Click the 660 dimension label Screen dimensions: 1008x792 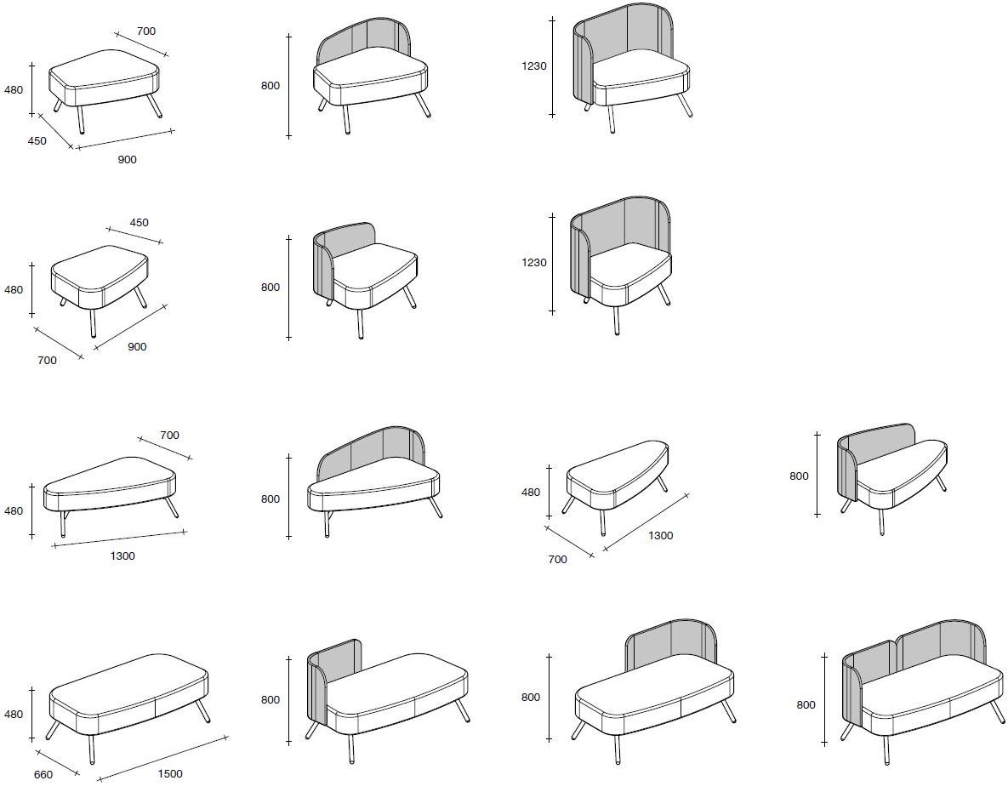click(43, 775)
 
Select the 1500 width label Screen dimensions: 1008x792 click(170, 774)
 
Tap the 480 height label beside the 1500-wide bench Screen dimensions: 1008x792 click(14, 715)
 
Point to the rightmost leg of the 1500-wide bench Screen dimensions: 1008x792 click(202, 711)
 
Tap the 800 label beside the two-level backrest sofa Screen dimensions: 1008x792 click(806, 705)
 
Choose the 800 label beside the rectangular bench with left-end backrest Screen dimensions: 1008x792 click(270, 700)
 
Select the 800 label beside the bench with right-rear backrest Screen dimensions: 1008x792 click(530, 698)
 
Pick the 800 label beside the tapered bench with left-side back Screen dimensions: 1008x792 click(799, 476)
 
